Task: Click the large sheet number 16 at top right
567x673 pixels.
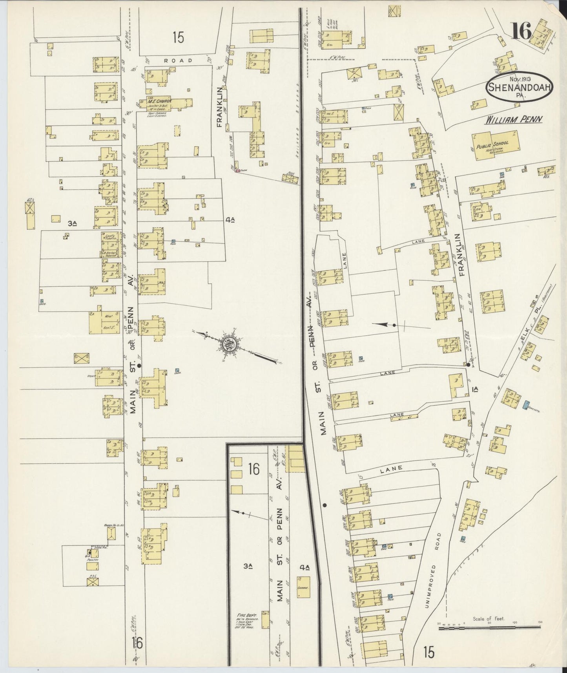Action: point(521,31)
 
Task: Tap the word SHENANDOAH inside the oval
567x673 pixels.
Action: point(520,87)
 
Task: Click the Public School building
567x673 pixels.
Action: point(496,146)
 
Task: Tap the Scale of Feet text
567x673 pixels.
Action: point(488,619)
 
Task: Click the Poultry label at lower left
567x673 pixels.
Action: point(93,560)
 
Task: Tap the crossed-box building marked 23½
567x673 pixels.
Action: point(93,582)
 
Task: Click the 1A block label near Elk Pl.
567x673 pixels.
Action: point(476,389)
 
